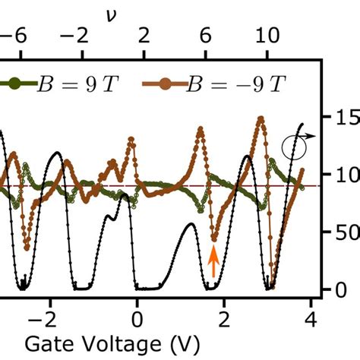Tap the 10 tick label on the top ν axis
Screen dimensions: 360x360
[267, 34]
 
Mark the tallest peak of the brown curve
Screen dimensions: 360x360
[261, 118]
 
